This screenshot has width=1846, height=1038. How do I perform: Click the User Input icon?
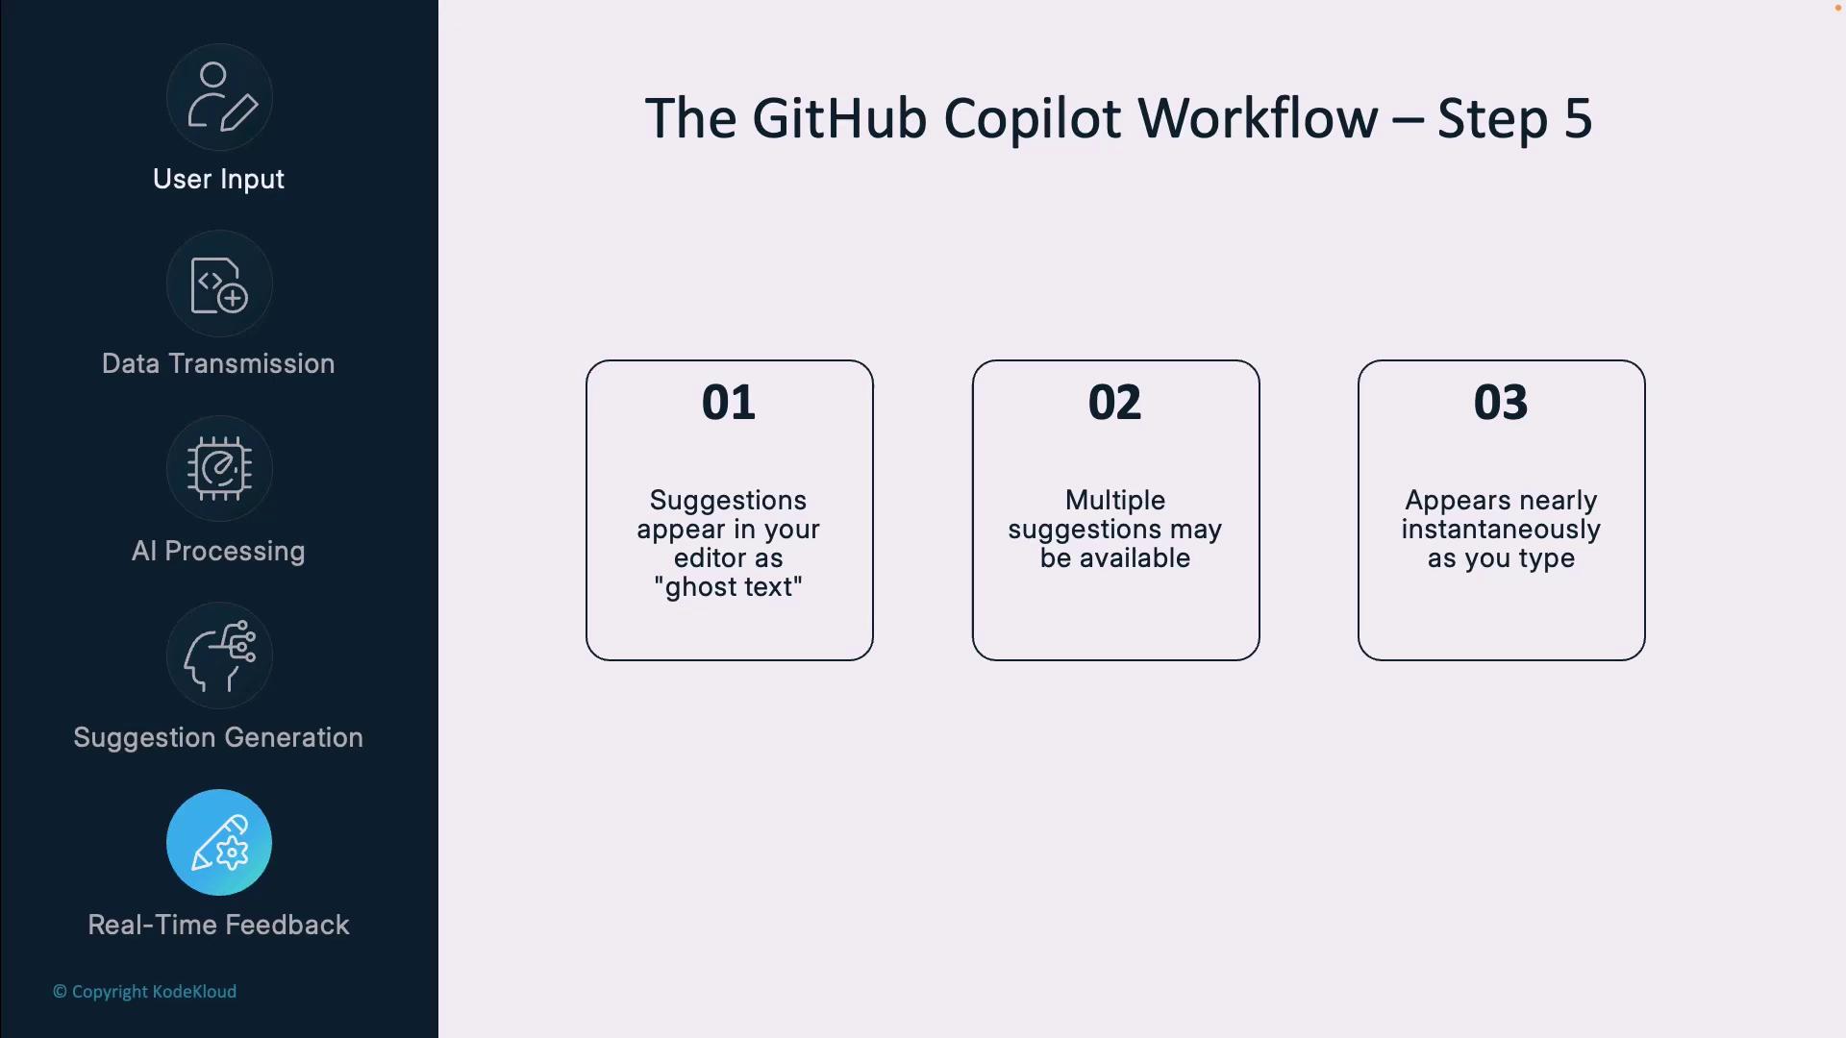coord(219,97)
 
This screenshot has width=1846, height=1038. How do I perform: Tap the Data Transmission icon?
coord(219,284)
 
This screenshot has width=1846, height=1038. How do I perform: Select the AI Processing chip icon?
coord(219,469)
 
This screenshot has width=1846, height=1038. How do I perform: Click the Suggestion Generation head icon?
coord(219,655)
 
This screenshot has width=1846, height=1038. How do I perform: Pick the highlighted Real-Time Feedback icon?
coord(219,843)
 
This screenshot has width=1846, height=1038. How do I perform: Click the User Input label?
coord(218,180)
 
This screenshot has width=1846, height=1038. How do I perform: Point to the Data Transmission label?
coord(218,363)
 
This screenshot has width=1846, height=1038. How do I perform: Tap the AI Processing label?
coord(218,551)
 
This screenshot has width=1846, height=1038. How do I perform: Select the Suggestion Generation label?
coord(218,737)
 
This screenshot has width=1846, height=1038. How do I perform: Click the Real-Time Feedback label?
coord(218,925)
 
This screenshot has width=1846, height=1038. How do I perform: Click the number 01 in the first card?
coord(729,402)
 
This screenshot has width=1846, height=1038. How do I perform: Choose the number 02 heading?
coord(1115,402)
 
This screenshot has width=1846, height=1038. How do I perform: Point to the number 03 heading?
coord(1501,402)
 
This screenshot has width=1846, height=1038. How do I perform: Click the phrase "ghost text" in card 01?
coord(728,587)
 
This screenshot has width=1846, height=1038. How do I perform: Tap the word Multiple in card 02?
coord(1115,501)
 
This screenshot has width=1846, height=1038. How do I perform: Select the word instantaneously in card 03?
coord(1501,530)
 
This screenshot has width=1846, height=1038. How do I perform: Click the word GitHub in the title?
coord(839,119)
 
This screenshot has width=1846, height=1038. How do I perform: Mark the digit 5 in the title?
coord(1578,119)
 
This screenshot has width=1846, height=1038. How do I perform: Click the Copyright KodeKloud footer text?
coord(144,992)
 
